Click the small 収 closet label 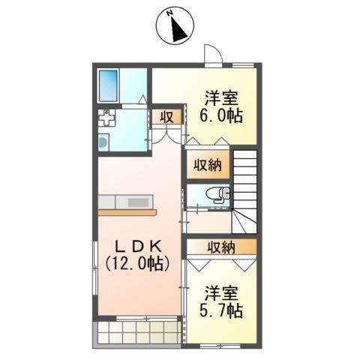click(x=165, y=116)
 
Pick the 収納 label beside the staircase click(x=205, y=165)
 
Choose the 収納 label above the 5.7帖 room click(x=222, y=247)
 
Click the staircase click(x=246, y=188)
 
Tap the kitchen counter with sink click(x=126, y=203)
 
